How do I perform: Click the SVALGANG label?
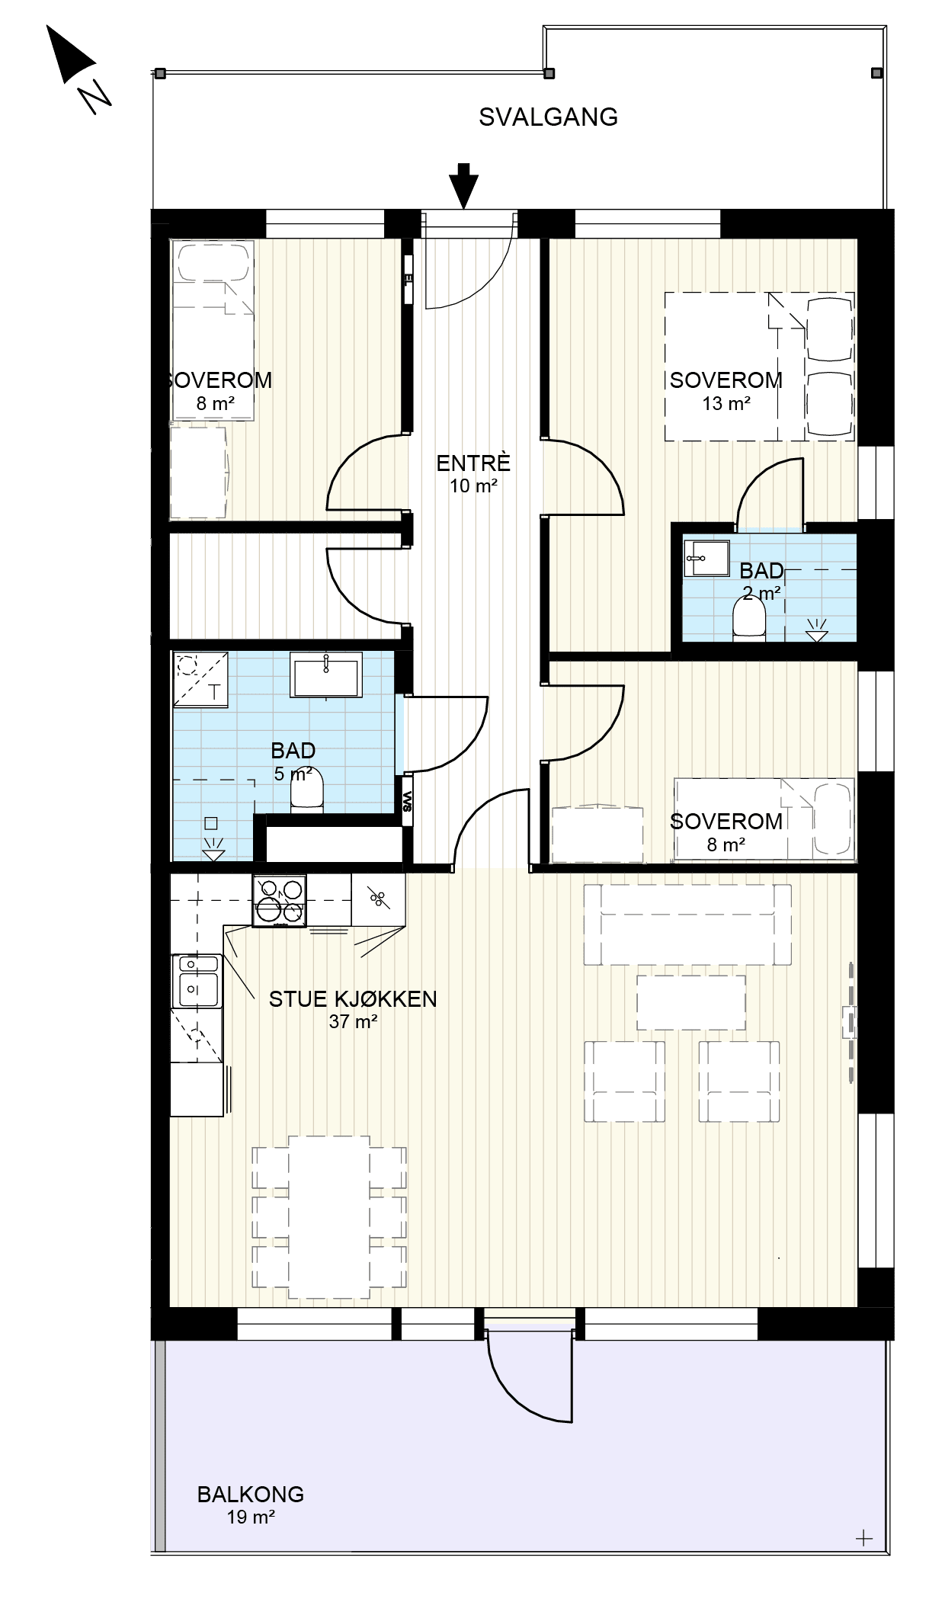(548, 117)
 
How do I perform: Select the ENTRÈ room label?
(472, 463)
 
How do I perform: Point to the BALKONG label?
(250, 1494)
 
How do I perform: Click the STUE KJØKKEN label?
(353, 998)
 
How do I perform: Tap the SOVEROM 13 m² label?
(726, 390)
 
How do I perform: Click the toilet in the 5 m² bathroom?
(308, 792)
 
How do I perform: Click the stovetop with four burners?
(279, 901)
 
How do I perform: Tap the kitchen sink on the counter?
(197, 980)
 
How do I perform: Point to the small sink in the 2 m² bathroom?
(706, 559)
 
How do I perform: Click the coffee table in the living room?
(690, 1003)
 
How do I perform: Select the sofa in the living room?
(687, 924)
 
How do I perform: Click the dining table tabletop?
(329, 1216)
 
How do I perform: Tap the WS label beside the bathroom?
(408, 799)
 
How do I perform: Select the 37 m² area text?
(353, 1021)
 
